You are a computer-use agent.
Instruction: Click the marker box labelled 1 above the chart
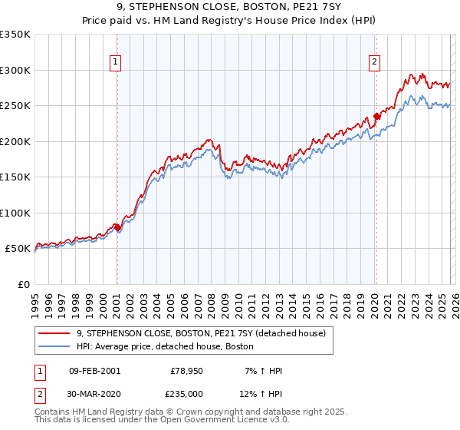tap(115, 63)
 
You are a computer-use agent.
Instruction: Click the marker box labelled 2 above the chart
tap(375, 63)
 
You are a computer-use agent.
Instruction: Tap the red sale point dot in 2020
tap(376, 117)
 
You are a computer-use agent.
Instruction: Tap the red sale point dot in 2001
tap(117, 228)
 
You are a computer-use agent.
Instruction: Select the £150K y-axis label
tap(15, 177)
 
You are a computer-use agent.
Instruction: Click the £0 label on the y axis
tap(23, 285)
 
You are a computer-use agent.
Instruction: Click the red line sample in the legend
tap(55, 333)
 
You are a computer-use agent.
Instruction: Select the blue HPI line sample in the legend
tap(55, 346)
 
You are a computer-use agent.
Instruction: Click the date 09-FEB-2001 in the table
tap(94, 371)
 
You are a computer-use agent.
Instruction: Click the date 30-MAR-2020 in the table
tap(94, 393)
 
